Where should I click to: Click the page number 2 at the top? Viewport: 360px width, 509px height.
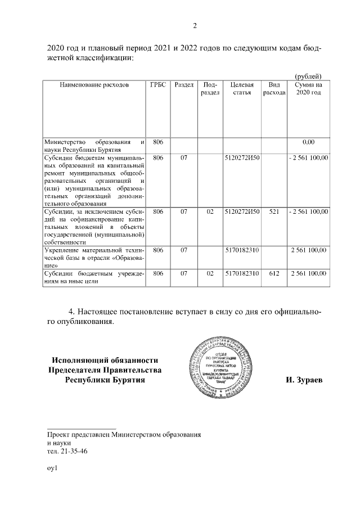(195, 25)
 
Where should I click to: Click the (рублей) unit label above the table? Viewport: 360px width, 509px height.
(308, 76)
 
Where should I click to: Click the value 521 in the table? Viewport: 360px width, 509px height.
(274, 211)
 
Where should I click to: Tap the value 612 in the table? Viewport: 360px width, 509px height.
(274, 273)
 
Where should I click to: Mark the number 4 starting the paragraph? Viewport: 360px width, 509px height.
(71, 311)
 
